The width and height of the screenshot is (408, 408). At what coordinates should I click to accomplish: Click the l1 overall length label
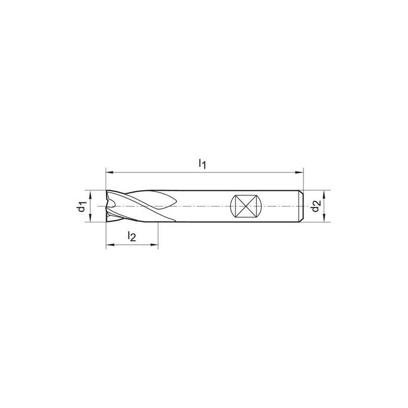tap(202, 164)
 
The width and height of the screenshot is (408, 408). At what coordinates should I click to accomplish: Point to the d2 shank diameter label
tap(316, 207)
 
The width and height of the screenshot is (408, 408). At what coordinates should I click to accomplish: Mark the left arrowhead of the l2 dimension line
tap(109, 246)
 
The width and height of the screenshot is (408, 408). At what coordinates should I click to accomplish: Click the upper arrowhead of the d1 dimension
tap(90, 194)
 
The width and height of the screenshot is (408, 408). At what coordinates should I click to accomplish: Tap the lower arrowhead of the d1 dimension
tap(90, 219)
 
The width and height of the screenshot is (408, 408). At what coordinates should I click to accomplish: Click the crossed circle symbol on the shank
tap(245, 207)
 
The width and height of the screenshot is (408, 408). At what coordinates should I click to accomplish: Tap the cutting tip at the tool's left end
tap(108, 207)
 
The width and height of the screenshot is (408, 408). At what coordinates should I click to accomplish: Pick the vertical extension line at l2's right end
tap(158, 235)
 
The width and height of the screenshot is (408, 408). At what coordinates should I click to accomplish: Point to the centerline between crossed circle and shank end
tap(278, 207)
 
